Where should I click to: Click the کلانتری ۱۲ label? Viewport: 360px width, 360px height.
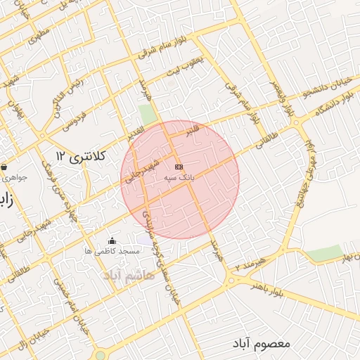80,156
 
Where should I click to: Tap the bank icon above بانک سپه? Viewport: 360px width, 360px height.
179,167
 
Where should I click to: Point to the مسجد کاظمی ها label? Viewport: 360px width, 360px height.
111,251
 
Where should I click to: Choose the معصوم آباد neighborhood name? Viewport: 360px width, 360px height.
264,343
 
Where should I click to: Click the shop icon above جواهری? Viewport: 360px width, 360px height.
5,167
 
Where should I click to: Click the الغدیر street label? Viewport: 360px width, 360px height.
134,131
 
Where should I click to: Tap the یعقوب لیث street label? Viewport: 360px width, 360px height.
184,67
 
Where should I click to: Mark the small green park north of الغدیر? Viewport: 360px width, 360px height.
146,113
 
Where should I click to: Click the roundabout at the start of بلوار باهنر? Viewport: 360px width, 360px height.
231,281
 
